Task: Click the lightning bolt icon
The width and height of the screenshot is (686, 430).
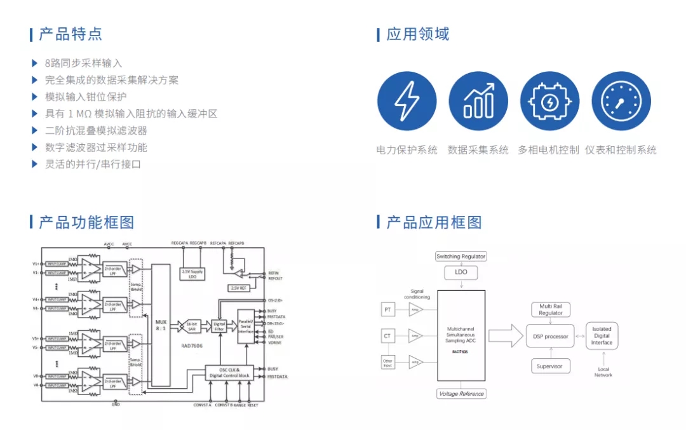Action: pos(407,101)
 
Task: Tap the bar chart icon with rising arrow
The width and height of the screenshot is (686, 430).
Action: pos(478,101)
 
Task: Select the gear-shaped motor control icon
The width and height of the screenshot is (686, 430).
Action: pos(549,101)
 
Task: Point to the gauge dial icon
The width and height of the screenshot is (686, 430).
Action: pos(621,101)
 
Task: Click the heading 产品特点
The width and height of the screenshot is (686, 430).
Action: pos(70,34)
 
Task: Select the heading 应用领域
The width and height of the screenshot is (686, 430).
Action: pos(417,34)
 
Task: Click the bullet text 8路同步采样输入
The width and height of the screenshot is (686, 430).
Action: pos(83,64)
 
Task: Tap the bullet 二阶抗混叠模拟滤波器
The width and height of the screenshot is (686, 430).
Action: pos(96,131)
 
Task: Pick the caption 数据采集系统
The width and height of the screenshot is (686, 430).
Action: pos(478,151)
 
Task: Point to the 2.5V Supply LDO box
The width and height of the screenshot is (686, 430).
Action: pos(192,274)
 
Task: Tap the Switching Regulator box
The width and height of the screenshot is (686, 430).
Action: pos(461,257)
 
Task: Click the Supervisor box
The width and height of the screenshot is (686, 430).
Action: pos(550,366)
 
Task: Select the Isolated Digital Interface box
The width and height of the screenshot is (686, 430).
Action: pos(602,335)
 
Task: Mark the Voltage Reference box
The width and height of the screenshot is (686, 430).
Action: pos(461,394)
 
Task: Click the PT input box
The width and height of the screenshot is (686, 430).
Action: pos(387,310)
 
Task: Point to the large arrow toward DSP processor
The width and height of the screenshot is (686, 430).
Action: pos(505,335)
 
